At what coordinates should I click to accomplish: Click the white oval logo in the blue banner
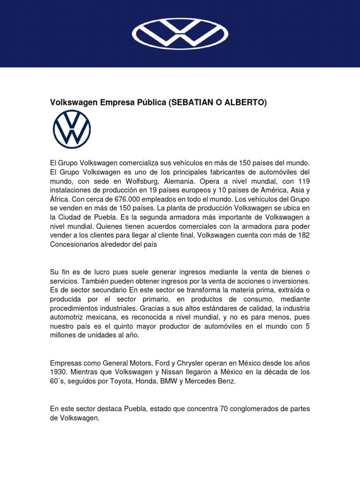(x=180, y=33)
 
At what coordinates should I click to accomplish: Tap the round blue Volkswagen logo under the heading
(x=72, y=129)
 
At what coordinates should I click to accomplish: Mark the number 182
(x=303, y=234)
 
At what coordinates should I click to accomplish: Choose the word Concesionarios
(x=75, y=243)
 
